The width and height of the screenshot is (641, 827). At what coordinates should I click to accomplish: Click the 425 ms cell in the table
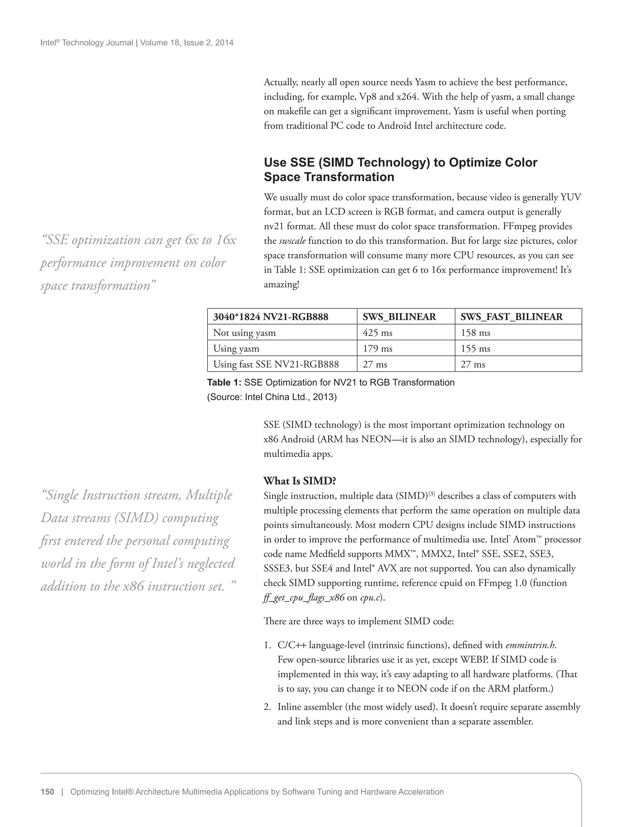[377, 332]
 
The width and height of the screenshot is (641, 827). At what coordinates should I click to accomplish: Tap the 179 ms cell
[377, 348]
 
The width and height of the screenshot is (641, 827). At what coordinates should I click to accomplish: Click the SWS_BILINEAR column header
[399, 317]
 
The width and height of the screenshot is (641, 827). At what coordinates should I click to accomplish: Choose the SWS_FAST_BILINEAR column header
[511, 317]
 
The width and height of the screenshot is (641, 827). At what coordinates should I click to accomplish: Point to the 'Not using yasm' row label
[244, 332]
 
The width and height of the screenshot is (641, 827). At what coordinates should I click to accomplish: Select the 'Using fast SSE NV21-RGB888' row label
[276, 364]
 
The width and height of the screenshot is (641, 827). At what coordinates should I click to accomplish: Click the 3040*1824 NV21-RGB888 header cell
[270, 317]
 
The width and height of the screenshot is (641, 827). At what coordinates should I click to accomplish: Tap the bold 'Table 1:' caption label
[224, 383]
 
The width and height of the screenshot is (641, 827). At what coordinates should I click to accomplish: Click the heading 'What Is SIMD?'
[300, 481]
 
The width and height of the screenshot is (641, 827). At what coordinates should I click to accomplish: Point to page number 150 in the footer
[47, 792]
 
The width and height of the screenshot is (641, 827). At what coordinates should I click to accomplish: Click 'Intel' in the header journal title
[48, 43]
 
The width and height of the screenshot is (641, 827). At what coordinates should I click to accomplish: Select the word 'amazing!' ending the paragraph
[281, 284]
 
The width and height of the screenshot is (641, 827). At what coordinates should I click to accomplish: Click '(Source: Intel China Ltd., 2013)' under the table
[272, 397]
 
